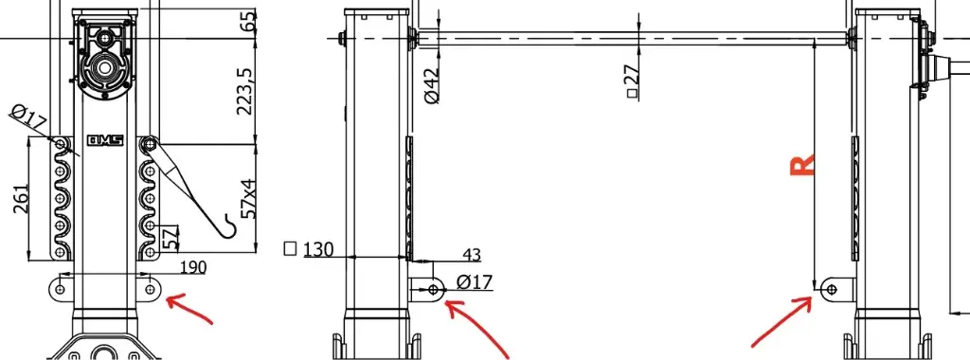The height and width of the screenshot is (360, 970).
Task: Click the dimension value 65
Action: click(249, 21)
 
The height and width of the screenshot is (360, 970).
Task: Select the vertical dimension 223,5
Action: click(245, 91)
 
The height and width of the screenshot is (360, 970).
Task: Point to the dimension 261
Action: click(21, 199)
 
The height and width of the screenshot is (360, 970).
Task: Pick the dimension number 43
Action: click(471, 255)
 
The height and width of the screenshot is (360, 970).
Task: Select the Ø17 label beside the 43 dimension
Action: click(474, 282)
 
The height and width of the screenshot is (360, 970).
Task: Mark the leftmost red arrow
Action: click(192, 310)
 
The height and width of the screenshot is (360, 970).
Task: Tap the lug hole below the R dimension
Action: click(833, 287)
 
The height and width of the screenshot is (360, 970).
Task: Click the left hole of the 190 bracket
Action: click(62, 287)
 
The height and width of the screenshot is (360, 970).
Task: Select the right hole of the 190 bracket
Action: click(151, 287)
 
